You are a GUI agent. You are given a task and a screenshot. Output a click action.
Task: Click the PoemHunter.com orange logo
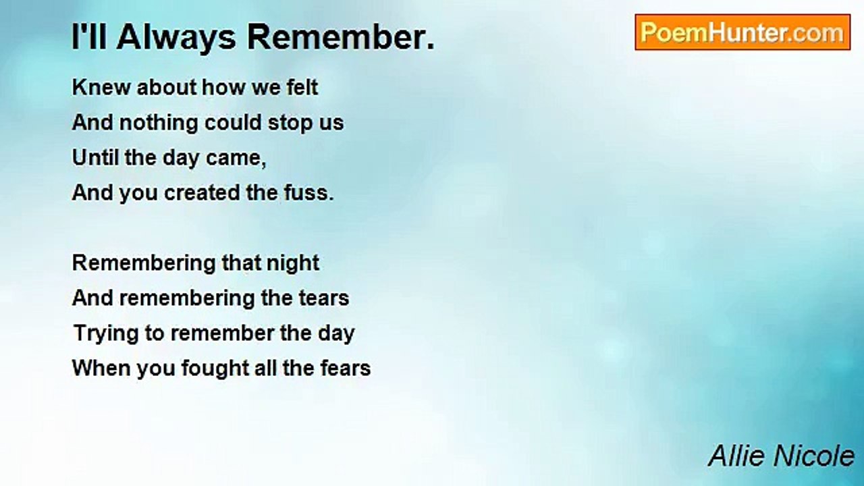[742, 32]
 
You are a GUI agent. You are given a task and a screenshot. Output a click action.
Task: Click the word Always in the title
[176, 37]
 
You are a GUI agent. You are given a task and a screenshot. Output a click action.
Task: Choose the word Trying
[106, 333]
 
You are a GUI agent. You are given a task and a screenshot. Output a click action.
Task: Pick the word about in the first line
[167, 87]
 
